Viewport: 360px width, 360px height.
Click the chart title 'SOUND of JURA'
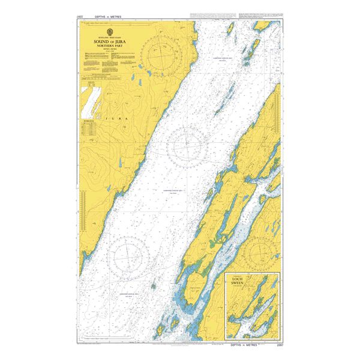109,41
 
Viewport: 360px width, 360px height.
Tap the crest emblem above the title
109,32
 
